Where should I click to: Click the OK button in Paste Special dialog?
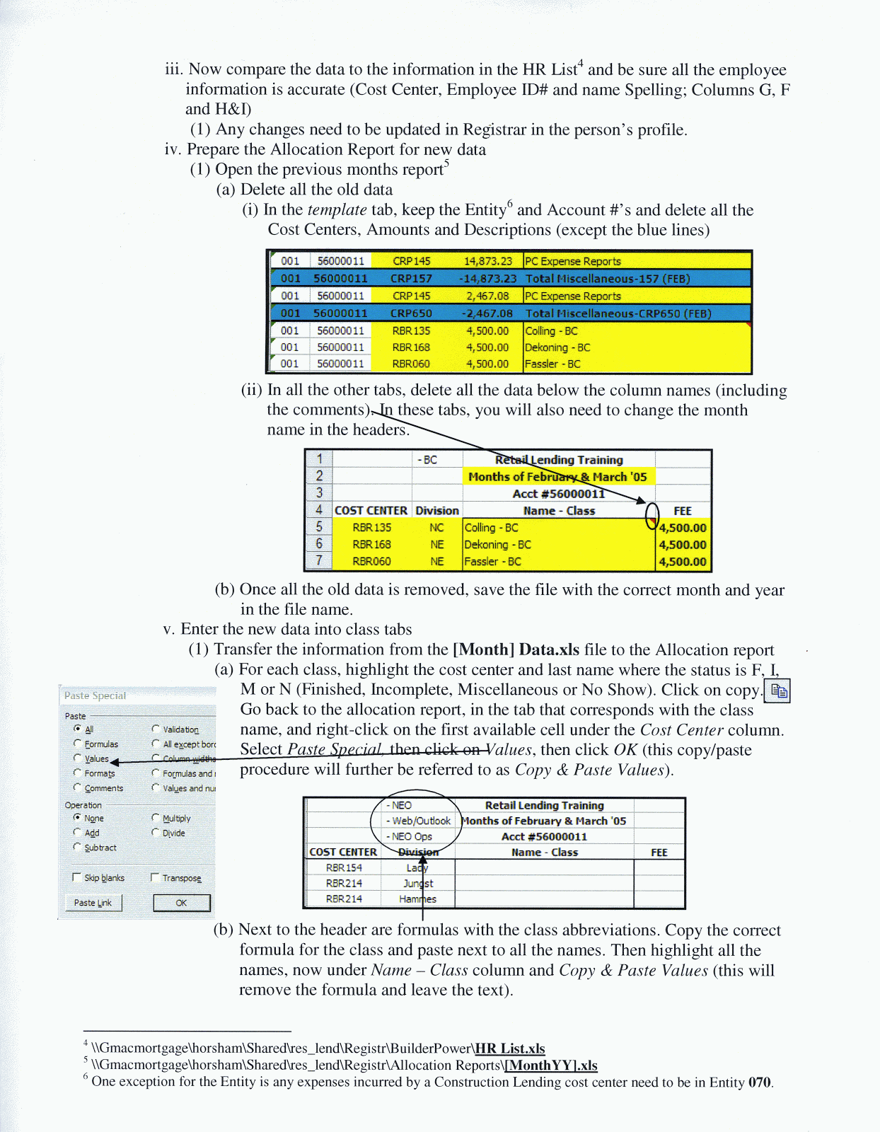(x=181, y=903)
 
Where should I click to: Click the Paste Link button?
(x=93, y=903)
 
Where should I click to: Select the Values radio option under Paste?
(x=77, y=758)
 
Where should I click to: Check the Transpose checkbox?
(x=155, y=877)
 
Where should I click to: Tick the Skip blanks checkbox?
(x=76, y=877)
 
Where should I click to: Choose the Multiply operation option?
(x=155, y=818)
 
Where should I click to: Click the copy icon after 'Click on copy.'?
(x=778, y=691)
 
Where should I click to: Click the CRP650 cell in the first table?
(x=411, y=313)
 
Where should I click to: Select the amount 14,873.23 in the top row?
(x=487, y=261)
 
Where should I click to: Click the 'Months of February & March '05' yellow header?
(x=557, y=477)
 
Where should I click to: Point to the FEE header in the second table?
(x=682, y=511)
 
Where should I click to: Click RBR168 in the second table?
(x=371, y=545)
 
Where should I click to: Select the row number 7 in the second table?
(x=319, y=561)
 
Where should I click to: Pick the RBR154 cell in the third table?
(x=344, y=867)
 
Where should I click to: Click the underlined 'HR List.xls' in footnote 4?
(x=509, y=1049)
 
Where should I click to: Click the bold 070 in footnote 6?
(x=759, y=1082)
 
